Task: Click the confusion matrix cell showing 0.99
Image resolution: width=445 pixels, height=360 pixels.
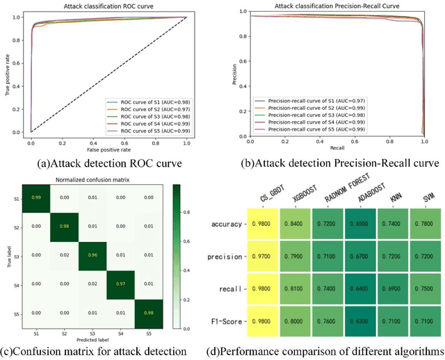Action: tap(35, 199)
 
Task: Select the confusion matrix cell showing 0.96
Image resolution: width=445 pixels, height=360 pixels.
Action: tap(90, 254)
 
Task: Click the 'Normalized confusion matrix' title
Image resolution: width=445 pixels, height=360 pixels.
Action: tap(90, 179)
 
